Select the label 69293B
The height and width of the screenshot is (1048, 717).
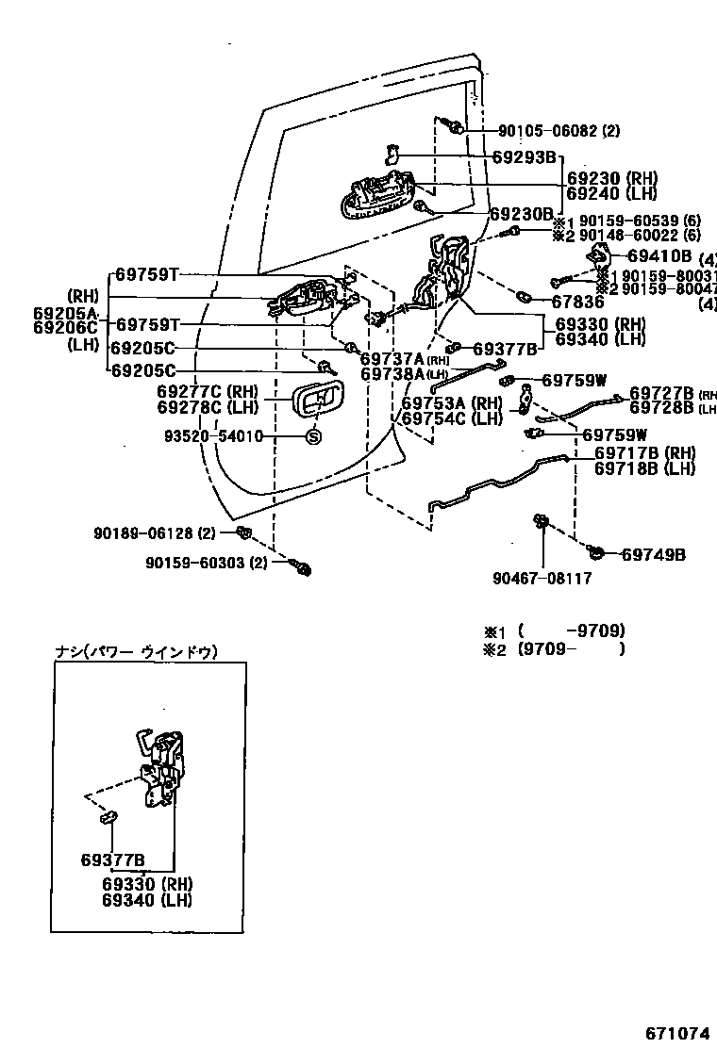[x=525, y=157]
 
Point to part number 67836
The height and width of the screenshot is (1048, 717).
[x=577, y=302]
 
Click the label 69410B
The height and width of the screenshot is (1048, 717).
[x=659, y=255]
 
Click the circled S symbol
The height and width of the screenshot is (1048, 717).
[x=314, y=436]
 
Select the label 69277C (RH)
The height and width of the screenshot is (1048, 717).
[x=207, y=391]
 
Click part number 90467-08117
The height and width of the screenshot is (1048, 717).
[x=542, y=579]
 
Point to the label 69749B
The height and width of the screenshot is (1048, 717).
[x=653, y=554]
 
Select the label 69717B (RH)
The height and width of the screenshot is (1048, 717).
[x=644, y=453]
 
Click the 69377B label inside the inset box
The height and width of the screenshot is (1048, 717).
[x=112, y=860]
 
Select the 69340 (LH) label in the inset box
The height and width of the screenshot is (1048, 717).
[x=147, y=899]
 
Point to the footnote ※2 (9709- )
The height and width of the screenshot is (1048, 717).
[x=555, y=648]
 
